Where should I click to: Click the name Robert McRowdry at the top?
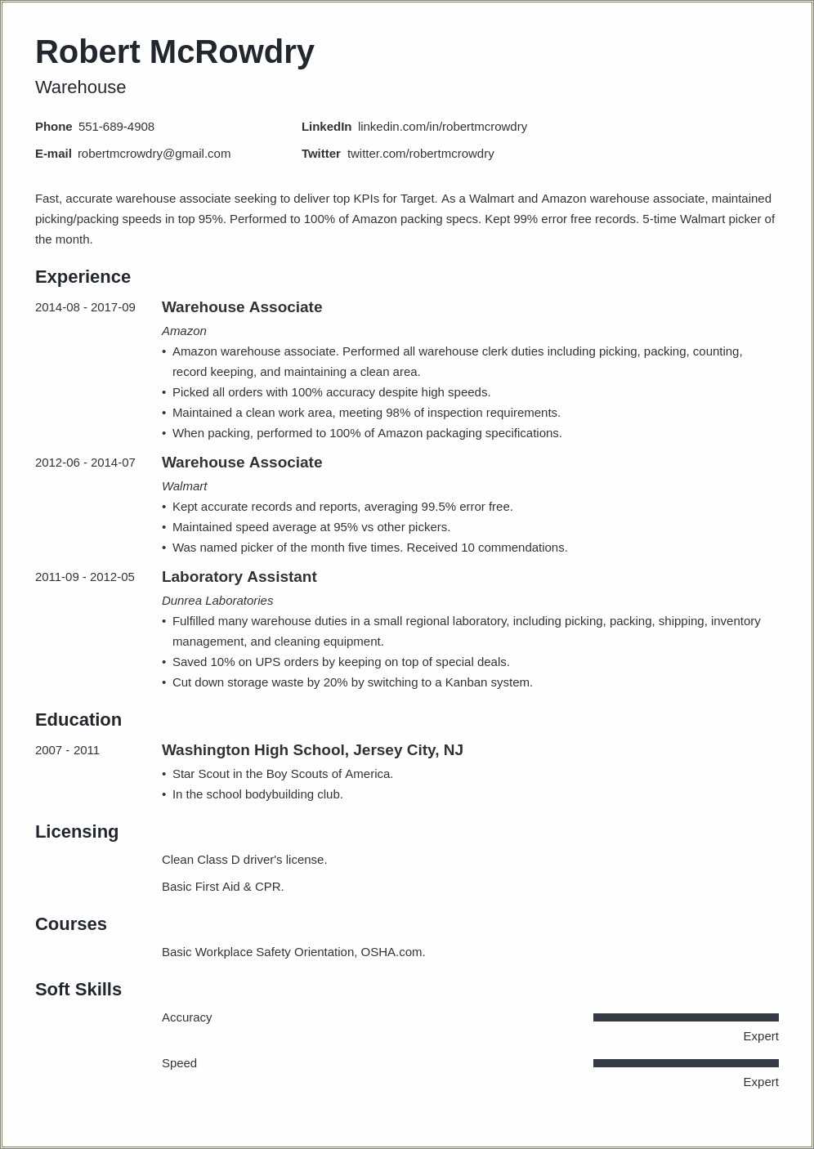(174, 52)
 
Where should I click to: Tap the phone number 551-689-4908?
(116, 127)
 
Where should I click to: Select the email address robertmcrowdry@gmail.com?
(154, 154)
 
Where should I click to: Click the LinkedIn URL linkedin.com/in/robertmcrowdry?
(442, 127)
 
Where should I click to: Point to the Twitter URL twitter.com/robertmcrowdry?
(420, 154)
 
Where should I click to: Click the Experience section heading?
(83, 277)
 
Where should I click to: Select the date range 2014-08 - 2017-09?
(85, 307)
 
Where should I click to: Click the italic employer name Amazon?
(184, 331)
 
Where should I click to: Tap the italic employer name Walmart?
(184, 486)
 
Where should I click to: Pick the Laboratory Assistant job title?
(239, 577)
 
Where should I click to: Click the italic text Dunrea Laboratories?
(217, 601)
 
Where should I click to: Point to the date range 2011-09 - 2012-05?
(85, 577)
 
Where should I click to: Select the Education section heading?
(78, 720)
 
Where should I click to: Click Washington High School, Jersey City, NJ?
(312, 750)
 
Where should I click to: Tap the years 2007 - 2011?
(67, 750)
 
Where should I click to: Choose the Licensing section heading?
(77, 832)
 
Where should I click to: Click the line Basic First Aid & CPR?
(222, 887)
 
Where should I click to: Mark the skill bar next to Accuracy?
(686, 1017)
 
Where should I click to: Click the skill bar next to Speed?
(686, 1063)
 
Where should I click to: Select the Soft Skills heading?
(78, 990)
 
